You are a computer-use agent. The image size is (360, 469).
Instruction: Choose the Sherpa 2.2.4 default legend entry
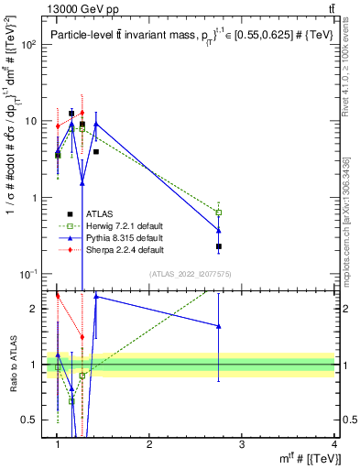tap(124, 250)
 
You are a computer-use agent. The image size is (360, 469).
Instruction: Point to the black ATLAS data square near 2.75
tap(218, 246)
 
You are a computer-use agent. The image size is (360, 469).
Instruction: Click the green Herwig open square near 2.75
tap(218, 213)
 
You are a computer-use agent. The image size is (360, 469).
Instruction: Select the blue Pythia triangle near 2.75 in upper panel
tap(218, 230)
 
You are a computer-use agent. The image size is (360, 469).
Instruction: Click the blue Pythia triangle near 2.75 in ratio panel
tap(218, 326)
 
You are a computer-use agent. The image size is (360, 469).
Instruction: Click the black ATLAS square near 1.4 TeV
tap(96, 151)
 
